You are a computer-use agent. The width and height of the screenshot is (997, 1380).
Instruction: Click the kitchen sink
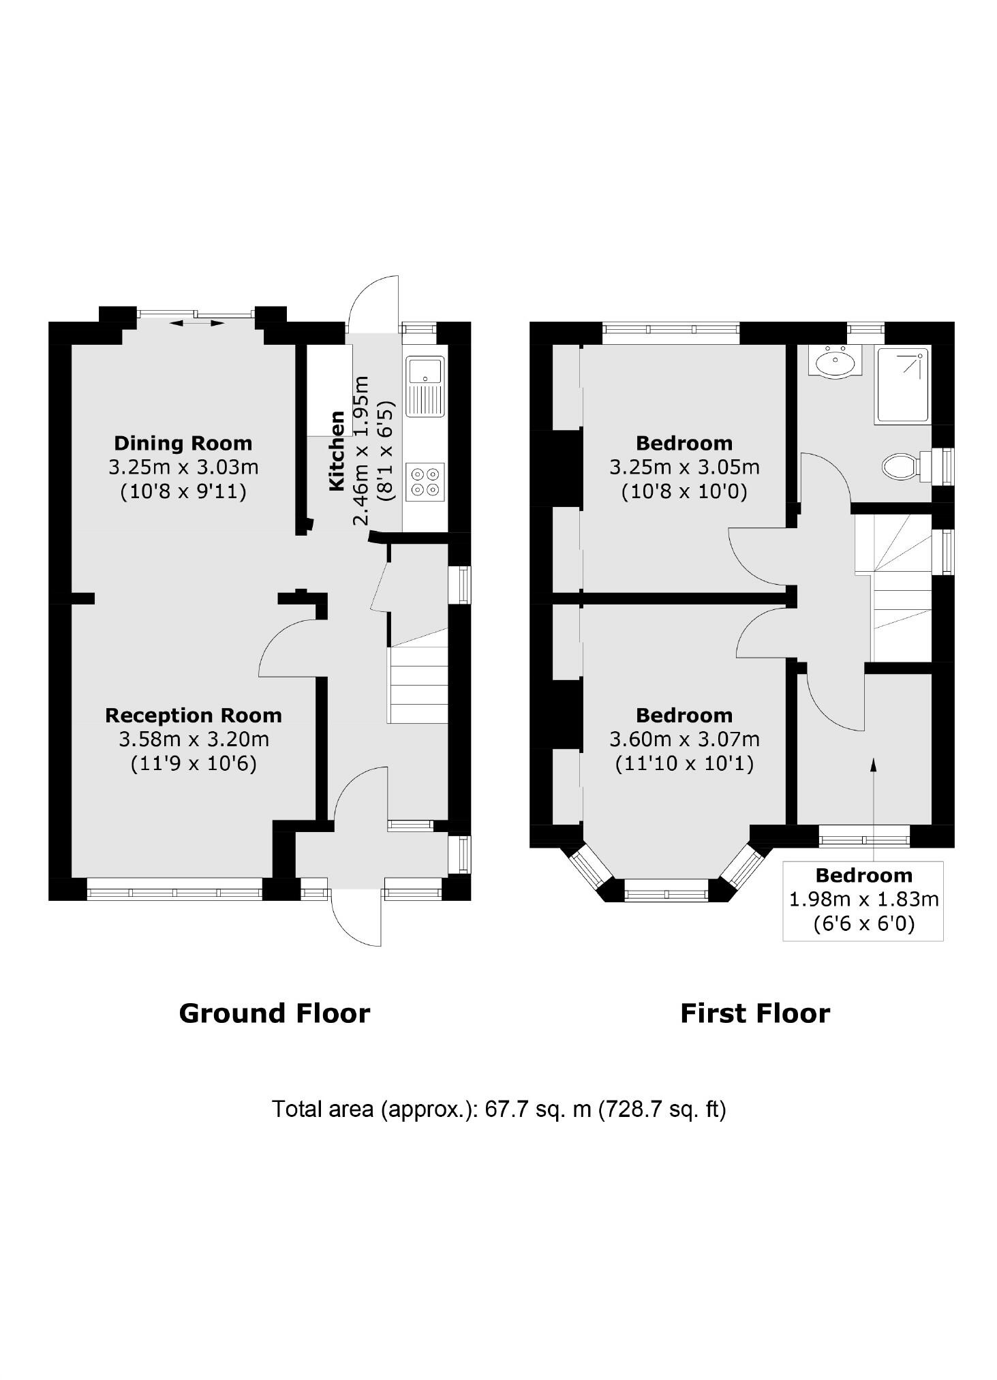pos(425,386)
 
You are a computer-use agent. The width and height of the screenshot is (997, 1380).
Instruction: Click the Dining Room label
pos(183,443)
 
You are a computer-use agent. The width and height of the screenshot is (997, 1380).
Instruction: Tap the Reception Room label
pos(194,715)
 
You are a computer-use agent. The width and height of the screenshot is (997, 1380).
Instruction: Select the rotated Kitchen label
pos(337,450)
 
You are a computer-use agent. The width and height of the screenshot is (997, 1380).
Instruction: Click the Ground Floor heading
pos(274,1013)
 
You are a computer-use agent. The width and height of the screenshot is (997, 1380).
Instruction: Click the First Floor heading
pos(755,1013)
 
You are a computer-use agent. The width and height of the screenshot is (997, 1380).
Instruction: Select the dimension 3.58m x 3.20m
pos(194,739)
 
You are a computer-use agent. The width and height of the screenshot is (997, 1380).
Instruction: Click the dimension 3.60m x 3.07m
pos(684,739)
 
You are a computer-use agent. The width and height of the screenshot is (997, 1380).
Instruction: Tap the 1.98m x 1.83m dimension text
pos(863,900)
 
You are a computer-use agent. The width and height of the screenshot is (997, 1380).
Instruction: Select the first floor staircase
pos(901,586)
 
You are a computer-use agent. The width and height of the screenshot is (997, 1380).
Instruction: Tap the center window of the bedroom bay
pos(666,891)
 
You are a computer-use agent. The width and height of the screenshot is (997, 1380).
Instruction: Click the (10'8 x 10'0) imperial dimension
pos(684,492)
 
